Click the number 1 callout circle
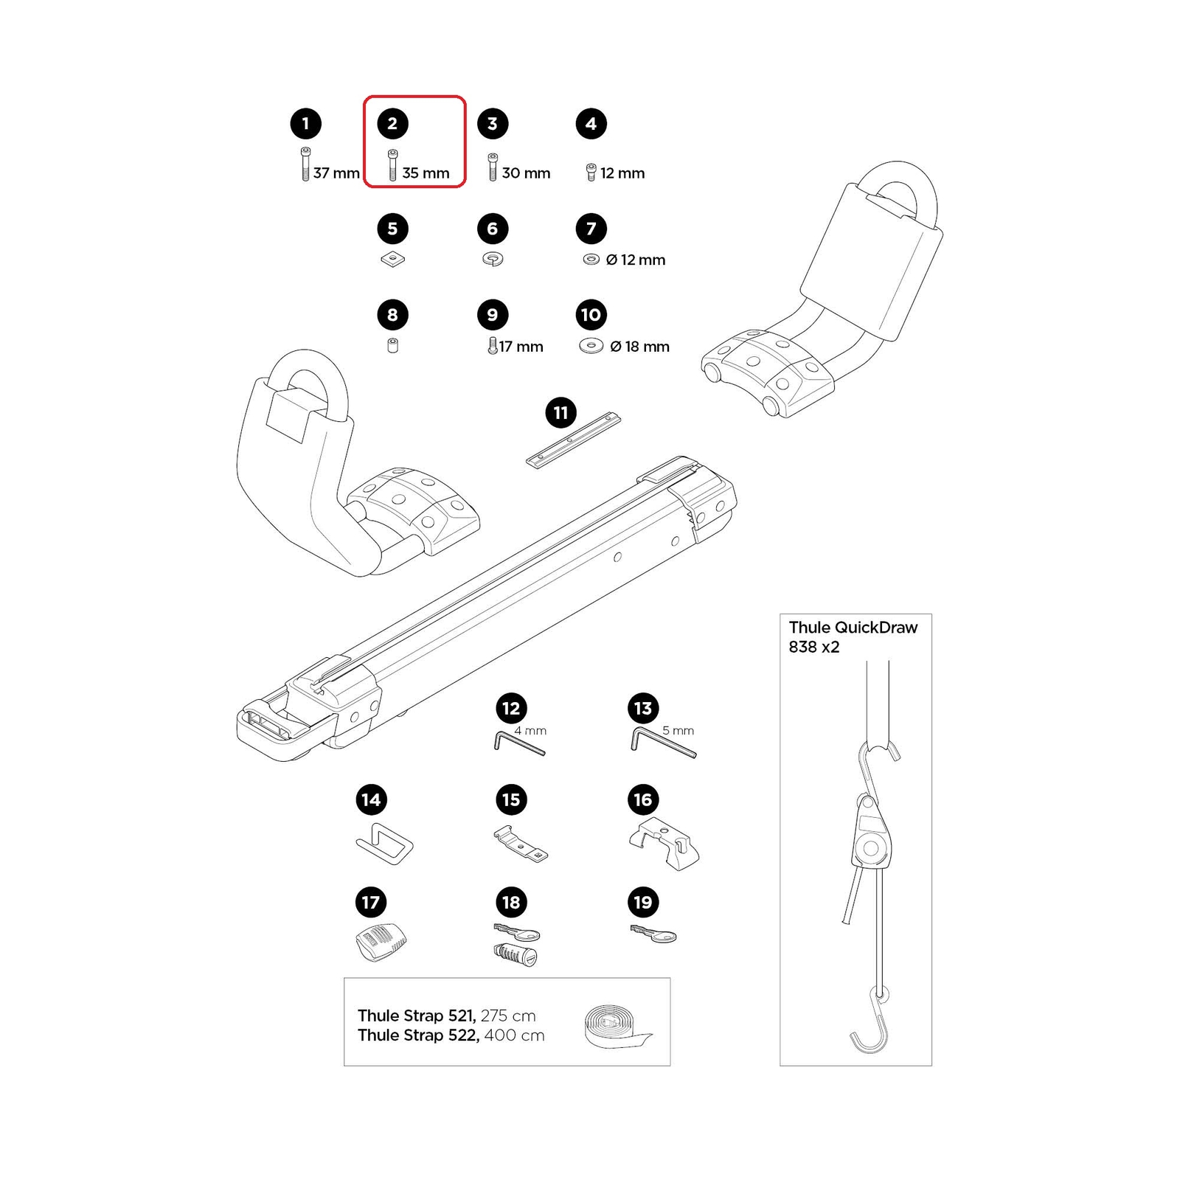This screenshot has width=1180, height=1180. (305, 124)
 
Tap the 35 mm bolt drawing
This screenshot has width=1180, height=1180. (392, 165)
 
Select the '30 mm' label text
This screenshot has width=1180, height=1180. (526, 173)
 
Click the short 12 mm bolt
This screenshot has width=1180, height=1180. (591, 173)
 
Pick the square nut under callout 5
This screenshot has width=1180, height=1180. (392, 260)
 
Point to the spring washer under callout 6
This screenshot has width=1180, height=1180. (493, 259)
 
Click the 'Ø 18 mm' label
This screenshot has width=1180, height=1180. (639, 347)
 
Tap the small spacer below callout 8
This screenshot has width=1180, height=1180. (392, 345)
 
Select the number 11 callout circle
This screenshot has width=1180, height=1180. (560, 413)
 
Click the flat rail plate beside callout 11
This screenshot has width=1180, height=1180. (574, 440)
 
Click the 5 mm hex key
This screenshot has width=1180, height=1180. (662, 741)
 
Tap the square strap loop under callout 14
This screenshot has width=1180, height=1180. (385, 843)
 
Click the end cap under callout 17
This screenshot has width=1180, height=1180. (381, 942)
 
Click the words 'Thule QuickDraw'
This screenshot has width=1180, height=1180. (853, 628)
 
